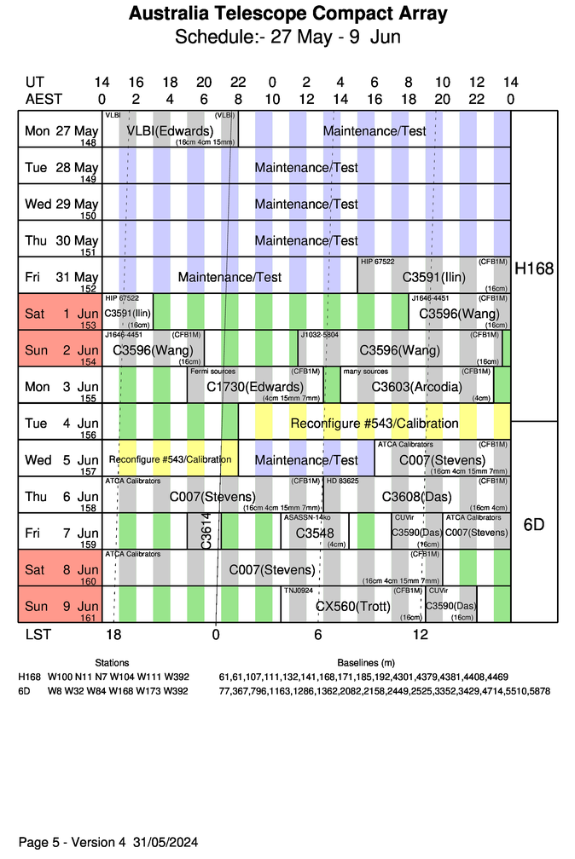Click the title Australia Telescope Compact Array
pos(287,14)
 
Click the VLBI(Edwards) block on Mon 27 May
pos(170,130)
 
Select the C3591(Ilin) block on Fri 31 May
pos(433,277)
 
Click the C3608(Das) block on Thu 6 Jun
pos(417,496)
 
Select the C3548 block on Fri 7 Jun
pos(313,533)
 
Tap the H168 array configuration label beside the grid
pos(534,268)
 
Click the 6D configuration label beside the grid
pos(534,525)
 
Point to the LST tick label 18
pos(113,635)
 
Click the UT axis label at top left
pos(34,83)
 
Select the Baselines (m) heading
pos(366,662)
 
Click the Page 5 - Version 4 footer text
pos(107,842)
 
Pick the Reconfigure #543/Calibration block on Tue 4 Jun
pos(375,424)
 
